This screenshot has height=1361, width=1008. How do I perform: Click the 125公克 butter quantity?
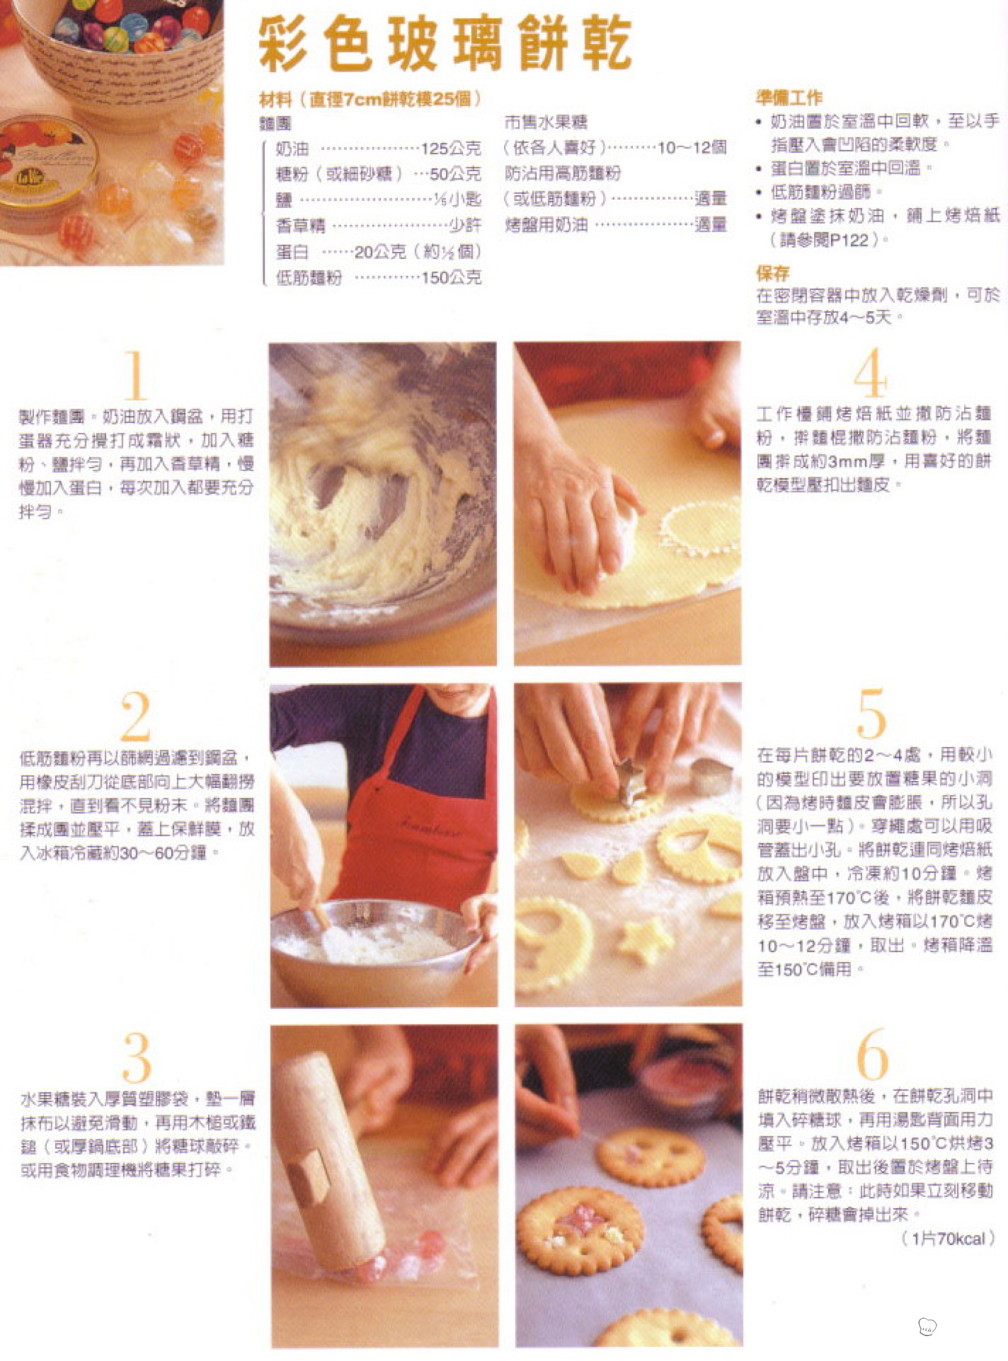[451, 148]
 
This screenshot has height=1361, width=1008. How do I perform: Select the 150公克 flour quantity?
[451, 278]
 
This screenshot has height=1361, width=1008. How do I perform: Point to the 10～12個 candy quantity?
[692, 148]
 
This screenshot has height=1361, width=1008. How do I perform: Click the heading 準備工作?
[789, 98]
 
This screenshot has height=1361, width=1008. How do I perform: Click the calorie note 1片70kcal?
[948, 1238]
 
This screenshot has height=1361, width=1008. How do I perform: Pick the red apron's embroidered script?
[432, 830]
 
